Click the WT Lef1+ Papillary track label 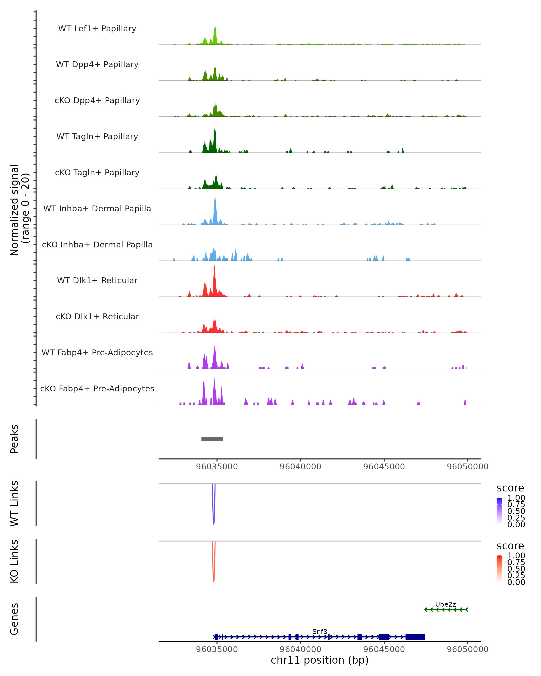(x=97, y=29)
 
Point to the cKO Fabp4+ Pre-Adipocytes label (x=97, y=388)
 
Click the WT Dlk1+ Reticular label (x=97, y=280)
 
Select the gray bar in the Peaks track (x=212, y=439)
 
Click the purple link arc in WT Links (x=213, y=521)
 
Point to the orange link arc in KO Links (x=213, y=578)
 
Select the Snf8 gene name (x=320, y=631)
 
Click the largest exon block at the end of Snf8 (x=415, y=637)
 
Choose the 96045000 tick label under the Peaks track (x=384, y=467)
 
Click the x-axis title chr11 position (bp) (x=320, y=660)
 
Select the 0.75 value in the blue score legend (x=516, y=505)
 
